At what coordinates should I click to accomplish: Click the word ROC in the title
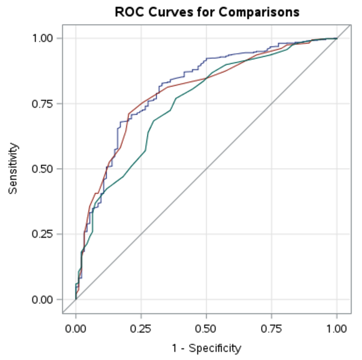(x=128, y=12)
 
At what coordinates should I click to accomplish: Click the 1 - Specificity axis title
(x=206, y=348)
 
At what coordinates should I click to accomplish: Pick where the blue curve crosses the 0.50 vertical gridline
(x=206, y=58)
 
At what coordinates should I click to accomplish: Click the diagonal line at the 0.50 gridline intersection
(x=206, y=169)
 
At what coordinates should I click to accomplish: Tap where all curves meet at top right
(x=336, y=38)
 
